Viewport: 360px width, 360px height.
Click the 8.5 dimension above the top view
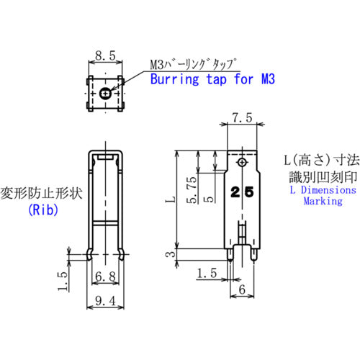[x=105, y=55]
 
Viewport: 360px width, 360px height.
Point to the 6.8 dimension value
[x=105, y=274]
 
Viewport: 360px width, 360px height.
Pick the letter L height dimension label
[x=168, y=196]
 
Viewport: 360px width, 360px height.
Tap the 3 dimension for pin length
[x=168, y=253]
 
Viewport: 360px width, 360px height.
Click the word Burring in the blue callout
[x=172, y=78]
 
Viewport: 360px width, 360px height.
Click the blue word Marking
[x=322, y=202]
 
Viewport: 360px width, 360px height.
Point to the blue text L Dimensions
[x=322, y=190]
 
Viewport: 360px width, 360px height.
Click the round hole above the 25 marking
[x=243, y=164]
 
